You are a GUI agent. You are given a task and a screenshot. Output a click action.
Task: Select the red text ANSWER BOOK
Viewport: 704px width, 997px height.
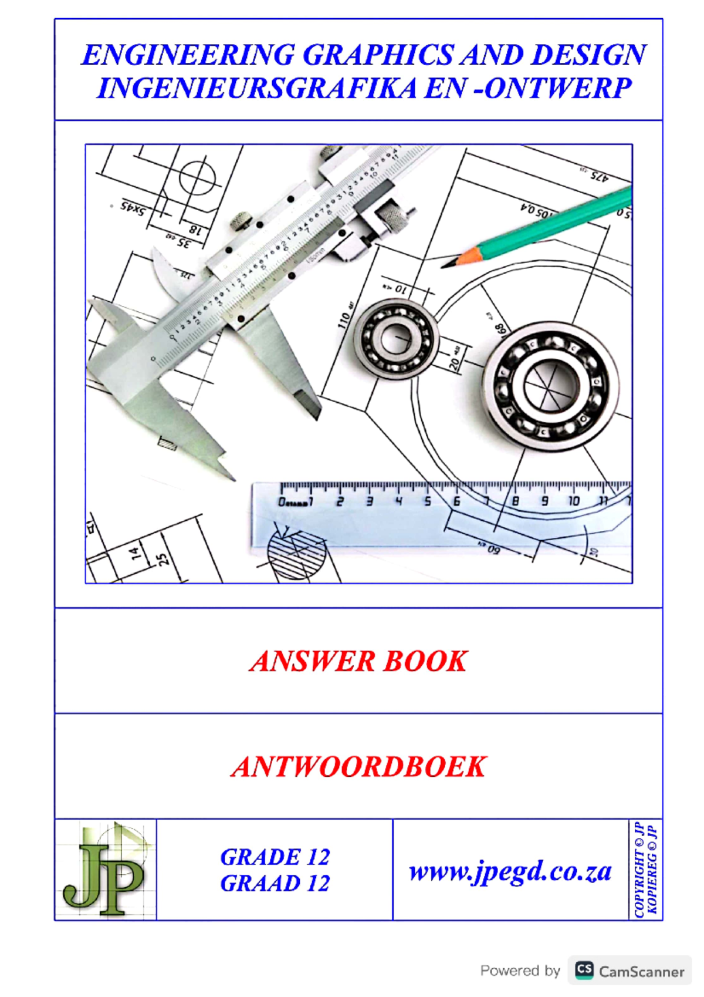(358, 661)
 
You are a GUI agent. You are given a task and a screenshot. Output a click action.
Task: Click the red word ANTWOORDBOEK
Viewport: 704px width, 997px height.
(358, 766)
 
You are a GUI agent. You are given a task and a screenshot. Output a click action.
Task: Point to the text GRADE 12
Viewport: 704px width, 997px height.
(275, 857)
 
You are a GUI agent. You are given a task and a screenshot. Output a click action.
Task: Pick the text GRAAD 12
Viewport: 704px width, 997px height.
(275, 883)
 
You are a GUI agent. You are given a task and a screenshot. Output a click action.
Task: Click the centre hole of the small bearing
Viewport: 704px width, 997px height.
(398, 339)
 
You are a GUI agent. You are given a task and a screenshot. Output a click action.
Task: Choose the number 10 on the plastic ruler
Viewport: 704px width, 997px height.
(573, 501)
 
